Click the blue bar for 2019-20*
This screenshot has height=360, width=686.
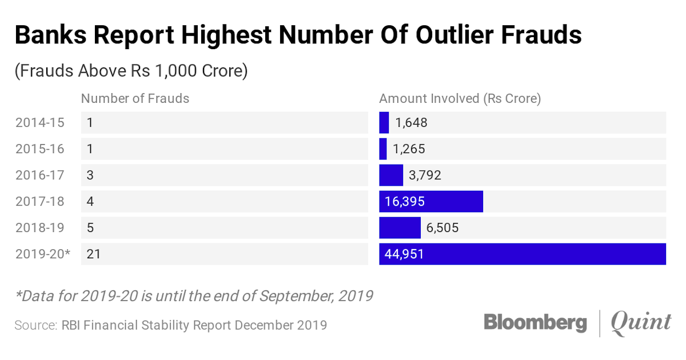pos(523,254)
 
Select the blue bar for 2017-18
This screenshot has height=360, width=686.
pos(431,201)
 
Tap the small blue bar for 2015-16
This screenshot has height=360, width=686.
pos(383,149)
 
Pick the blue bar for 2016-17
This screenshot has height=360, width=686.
pos(391,175)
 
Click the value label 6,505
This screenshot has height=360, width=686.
pos(442,228)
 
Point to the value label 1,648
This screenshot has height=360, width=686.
pos(411,122)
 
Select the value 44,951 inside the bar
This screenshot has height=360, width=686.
pos(405,254)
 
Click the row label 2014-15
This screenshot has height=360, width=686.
pos(40,122)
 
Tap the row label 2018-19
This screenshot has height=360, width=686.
pos(40,228)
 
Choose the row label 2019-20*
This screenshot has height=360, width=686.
pos(43,254)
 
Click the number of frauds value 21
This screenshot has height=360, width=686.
pos(94,254)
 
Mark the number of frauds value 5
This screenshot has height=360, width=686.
pos(90,228)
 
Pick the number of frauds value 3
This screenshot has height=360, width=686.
pos(90,175)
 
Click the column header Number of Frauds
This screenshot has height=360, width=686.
pos(135,98)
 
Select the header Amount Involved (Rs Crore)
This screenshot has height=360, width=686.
pos(460,98)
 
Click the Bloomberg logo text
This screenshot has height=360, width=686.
pos(535,323)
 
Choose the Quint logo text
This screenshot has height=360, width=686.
pos(641,323)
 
